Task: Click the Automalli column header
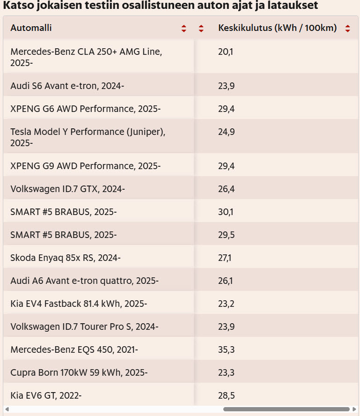(31, 28)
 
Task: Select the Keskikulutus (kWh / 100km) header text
(277, 28)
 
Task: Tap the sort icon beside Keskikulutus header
(347, 28)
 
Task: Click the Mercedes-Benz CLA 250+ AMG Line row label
(86, 52)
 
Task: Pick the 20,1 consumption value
(226, 52)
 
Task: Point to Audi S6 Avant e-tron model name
(67, 86)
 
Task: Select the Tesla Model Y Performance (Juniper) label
(88, 132)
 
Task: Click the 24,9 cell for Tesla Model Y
(227, 132)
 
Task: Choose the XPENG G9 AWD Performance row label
(85, 166)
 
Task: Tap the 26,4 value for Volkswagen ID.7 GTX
(227, 189)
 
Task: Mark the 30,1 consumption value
(226, 212)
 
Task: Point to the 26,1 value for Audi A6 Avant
(226, 281)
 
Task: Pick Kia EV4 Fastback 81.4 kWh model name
(79, 304)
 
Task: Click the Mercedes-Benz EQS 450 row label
(74, 350)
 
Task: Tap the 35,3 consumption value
(227, 350)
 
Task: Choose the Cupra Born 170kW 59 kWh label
(79, 373)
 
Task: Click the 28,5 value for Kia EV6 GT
(227, 396)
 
